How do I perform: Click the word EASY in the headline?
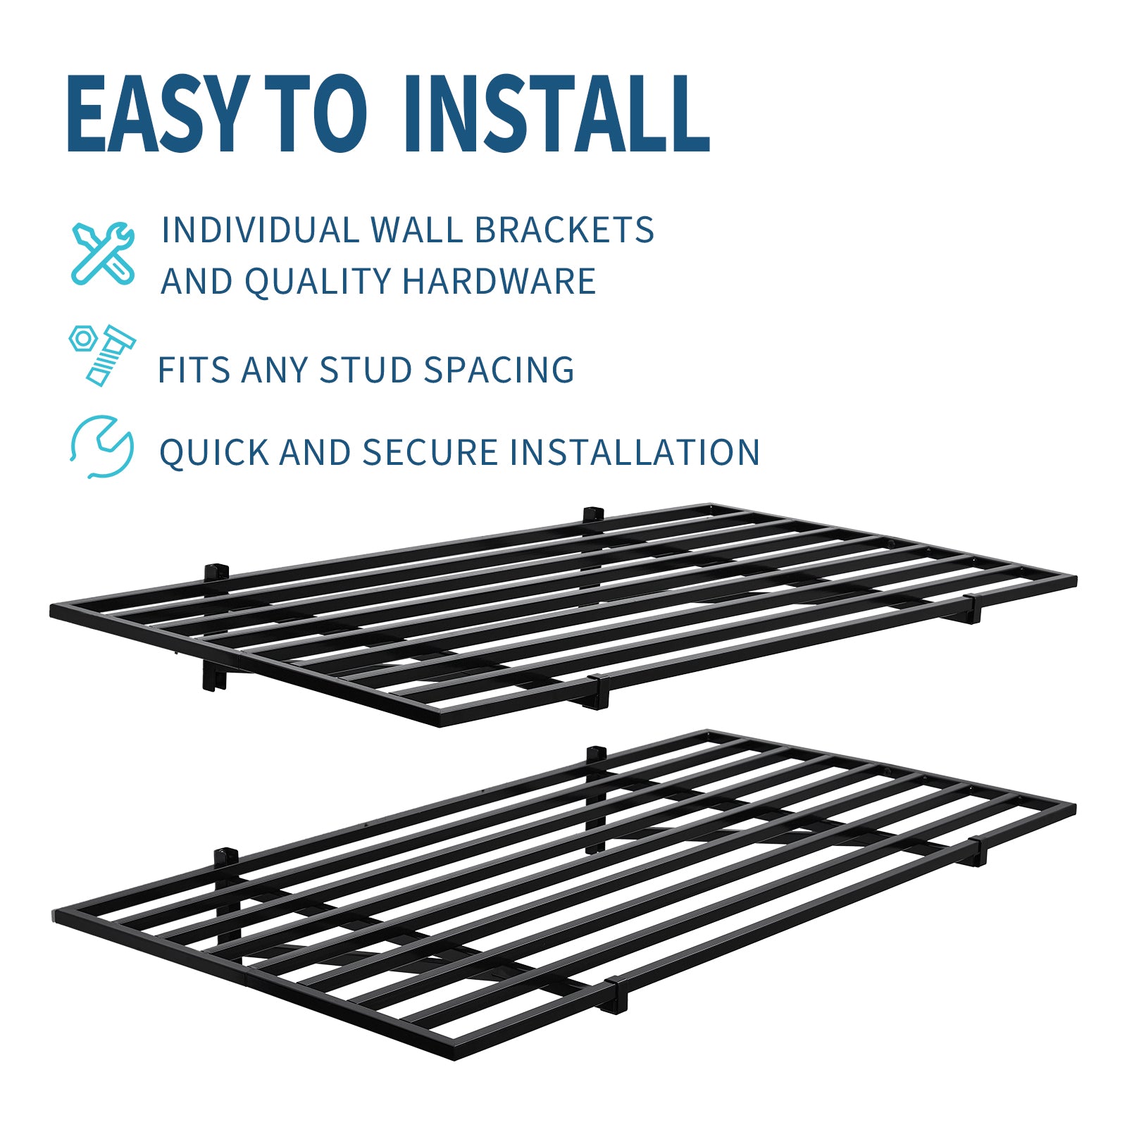point(158,114)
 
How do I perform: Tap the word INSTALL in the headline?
point(557,114)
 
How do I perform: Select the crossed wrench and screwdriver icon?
point(104,253)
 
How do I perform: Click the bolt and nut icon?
point(102,355)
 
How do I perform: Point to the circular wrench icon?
point(102,447)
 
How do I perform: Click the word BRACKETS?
point(564,230)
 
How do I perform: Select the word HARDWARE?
point(499,281)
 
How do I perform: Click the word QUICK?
point(214,452)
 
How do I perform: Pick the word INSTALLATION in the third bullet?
point(635,452)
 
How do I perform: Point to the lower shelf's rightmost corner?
point(1074,807)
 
